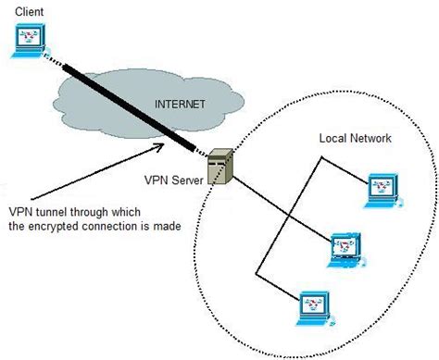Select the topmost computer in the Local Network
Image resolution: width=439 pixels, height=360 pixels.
[381, 187]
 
